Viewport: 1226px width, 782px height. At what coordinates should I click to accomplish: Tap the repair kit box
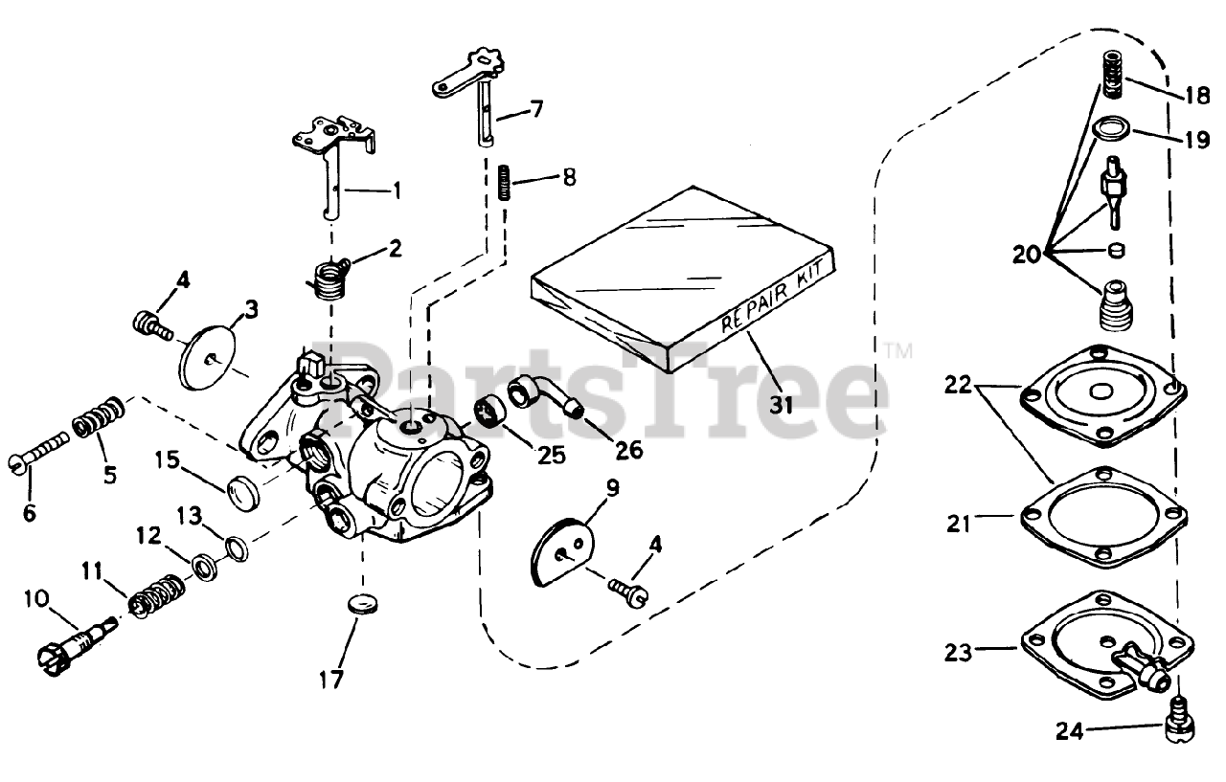pyautogui.click(x=682, y=278)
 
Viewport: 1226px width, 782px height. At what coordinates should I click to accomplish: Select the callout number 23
pyautogui.click(x=958, y=653)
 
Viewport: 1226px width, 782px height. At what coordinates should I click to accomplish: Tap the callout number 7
pyautogui.click(x=535, y=108)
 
